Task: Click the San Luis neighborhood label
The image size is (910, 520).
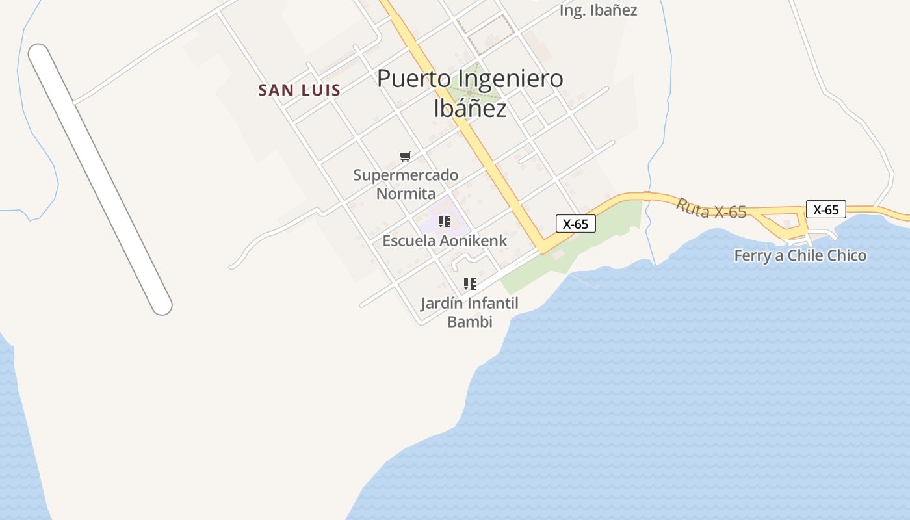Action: point(299,90)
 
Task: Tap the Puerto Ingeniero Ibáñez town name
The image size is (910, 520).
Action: point(470,93)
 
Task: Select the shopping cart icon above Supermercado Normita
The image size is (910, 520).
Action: point(406,156)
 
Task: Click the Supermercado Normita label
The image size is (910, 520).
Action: point(406,184)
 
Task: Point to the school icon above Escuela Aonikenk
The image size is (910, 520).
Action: point(445,222)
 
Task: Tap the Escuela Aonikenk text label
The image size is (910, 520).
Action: point(445,240)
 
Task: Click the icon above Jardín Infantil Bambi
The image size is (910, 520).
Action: point(469,284)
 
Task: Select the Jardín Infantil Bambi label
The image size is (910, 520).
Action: point(469,312)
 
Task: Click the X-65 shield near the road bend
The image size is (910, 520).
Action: point(575,224)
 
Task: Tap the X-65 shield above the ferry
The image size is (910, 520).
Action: point(825,209)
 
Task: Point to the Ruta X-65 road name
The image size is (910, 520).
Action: point(711,209)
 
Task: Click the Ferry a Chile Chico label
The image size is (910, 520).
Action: point(799,255)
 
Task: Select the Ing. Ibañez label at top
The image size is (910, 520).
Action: point(598,10)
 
